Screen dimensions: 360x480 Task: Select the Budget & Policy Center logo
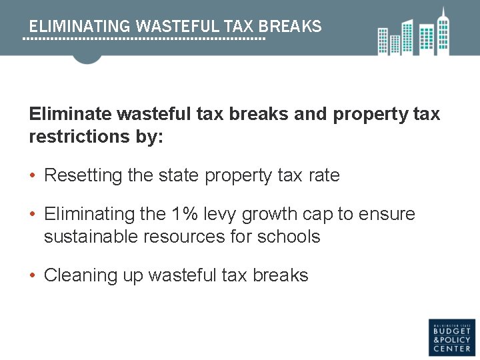(x=451, y=336)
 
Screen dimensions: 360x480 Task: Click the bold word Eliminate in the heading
(x=70, y=114)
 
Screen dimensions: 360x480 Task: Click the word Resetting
(x=83, y=175)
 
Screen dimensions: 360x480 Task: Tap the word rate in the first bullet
(x=324, y=175)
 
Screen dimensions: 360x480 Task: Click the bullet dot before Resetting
(x=33, y=176)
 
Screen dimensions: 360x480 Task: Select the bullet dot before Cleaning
(x=33, y=276)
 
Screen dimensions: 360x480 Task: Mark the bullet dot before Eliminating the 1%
(x=33, y=215)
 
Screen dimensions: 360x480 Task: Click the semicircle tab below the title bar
(x=87, y=59)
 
